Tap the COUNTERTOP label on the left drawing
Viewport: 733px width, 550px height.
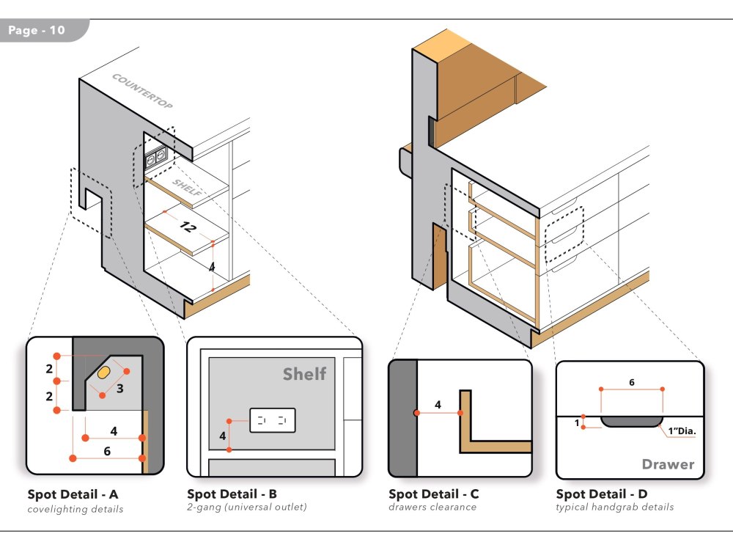click(x=142, y=92)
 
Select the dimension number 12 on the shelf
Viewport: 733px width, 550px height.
click(x=188, y=227)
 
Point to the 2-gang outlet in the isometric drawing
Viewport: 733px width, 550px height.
click(x=156, y=156)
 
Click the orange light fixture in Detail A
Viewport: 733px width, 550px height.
click(x=104, y=372)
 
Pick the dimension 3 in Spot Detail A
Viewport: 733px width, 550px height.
click(x=120, y=388)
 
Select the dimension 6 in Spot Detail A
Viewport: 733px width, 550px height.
click(x=107, y=451)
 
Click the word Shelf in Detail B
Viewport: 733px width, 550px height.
click(x=304, y=375)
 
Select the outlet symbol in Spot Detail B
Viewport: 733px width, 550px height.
click(x=272, y=421)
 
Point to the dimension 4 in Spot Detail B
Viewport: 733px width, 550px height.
click(x=222, y=435)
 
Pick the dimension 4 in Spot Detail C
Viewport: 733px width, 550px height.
click(x=438, y=404)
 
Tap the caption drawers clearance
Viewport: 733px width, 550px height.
click(x=432, y=507)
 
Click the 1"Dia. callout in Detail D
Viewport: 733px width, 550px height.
click(x=682, y=431)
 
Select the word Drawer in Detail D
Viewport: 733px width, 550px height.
click(x=667, y=464)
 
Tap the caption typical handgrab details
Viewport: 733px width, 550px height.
click(x=614, y=507)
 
